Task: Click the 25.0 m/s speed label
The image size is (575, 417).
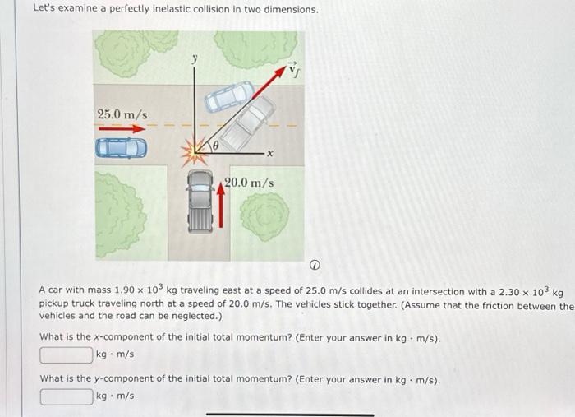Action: pos(122,114)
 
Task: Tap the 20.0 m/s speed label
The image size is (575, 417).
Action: pos(248,182)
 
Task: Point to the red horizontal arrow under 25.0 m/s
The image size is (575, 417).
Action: pos(122,128)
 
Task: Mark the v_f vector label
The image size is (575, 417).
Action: pos(294,72)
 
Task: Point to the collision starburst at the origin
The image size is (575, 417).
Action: pos(197,151)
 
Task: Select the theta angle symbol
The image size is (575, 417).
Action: pos(216,145)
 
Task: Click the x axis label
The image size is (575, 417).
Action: pos(269,155)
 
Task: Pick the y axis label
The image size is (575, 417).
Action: pos(195,58)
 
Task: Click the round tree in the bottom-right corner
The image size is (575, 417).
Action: pos(264,216)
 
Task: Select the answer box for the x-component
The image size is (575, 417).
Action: pos(67,354)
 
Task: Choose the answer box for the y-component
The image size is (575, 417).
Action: pos(67,396)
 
